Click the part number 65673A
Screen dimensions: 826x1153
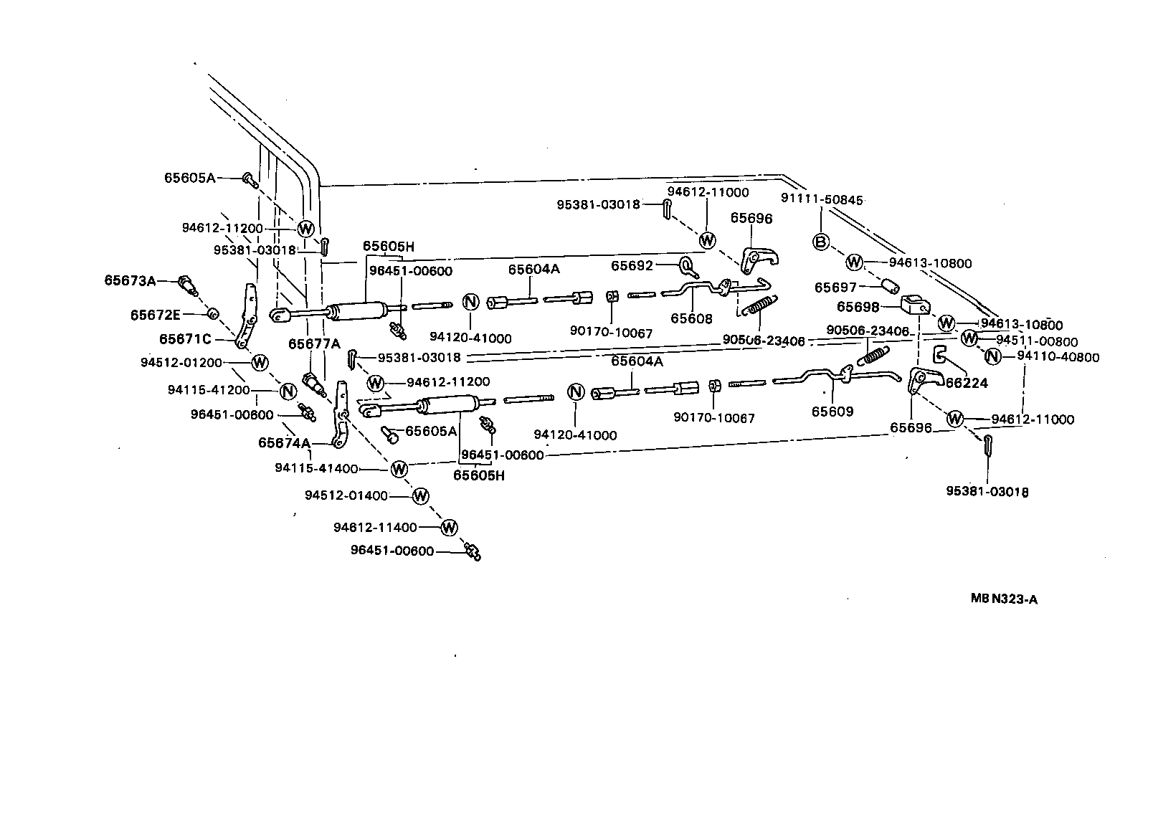tap(130, 280)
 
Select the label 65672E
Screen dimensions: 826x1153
tap(156, 315)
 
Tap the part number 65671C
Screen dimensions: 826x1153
tap(185, 338)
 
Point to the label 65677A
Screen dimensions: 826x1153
tap(314, 343)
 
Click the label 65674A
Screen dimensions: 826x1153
tap(284, 443)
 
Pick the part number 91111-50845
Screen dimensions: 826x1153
tap(822, 200)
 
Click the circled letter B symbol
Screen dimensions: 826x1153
tap(821, 242)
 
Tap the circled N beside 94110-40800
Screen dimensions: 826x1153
tap(992, 356)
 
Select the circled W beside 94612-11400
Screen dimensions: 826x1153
tap(449, 528)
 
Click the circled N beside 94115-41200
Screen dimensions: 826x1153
tap(288, 391)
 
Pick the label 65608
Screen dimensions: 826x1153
tap(691, 318)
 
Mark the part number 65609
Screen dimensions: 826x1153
tap(832, 412)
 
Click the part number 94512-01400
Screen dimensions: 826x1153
tap(346, 495)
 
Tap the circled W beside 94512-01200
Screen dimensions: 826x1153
tap(260, 362)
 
